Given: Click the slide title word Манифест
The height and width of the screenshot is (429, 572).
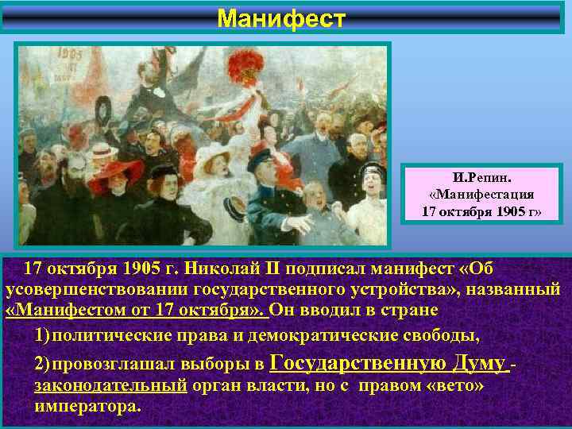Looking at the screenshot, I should [x=282, y=17].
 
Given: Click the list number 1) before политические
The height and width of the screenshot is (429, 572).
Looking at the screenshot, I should [x=44, y=330].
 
